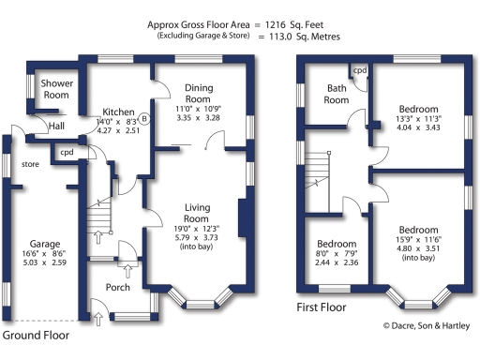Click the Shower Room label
coord(55,89)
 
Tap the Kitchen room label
coord(120,112)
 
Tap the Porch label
coord(118,287)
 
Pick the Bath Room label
coord(337,95)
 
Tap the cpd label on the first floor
coord(360,69)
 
